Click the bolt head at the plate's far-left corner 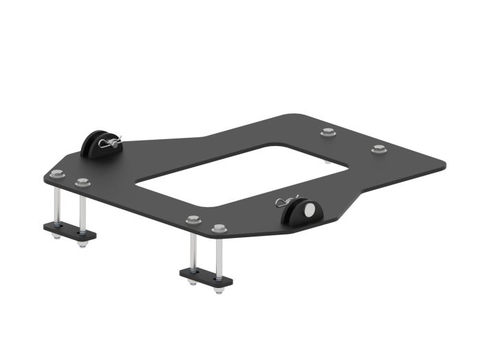[x=58, y=175]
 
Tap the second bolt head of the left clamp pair [x=83, y=182]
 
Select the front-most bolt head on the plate [x=219, y=228]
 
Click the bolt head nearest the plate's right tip [x=377, y=149]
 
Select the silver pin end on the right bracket [x=311, y=209]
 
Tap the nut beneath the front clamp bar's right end [x=218, y=290]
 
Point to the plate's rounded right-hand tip [x=439, y=165]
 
